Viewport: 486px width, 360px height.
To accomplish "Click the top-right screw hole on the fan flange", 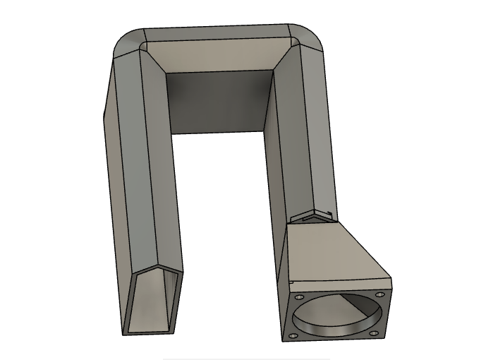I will (379, 294).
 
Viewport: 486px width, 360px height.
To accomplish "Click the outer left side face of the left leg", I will (113, 176).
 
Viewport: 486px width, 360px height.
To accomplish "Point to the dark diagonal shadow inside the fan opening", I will (360, 307).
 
